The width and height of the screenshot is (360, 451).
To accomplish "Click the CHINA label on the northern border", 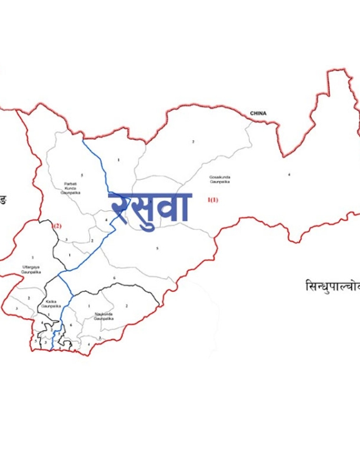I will coord(258,114).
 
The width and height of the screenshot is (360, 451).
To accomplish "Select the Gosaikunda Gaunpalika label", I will coord(220,180).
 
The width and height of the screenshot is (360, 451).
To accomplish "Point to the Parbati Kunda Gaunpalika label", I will coord(71,188).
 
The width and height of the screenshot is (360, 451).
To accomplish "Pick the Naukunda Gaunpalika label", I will coord(104,316).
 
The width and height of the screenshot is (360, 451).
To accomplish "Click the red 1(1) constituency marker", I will coord(213,200).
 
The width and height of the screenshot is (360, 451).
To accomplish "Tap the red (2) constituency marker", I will coord(57,225).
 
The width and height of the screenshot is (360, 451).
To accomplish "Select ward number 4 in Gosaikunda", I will coord(289,175).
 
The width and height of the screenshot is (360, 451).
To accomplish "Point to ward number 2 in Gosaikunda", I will coord(193,142).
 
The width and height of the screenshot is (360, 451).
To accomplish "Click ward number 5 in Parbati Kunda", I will coord(82,175).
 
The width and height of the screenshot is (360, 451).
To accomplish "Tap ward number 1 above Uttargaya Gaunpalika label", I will coord(32,257).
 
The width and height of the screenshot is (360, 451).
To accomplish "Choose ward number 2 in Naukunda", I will coord(127,306).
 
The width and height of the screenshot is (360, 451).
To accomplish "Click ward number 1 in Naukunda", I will coord(89,306).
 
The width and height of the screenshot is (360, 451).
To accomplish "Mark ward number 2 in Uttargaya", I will coord(28,298).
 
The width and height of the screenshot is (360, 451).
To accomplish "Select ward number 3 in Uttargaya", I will coord(16,309).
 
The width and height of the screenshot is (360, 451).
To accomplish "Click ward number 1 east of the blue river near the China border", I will coord(118,160).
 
